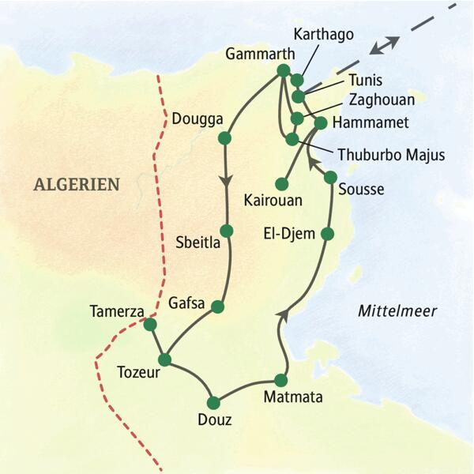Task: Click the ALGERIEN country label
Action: pyautogui.click(x=77, y=185)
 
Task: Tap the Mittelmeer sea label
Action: pyautogui.click(x=397, y=310)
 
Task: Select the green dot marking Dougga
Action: pyautogui.click(x=224, y=138)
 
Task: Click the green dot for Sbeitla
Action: pyautogui.click(x=227, y=231)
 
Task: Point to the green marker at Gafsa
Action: pyautogui.click(x=219, y=306)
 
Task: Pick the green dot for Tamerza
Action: pyautogui.click(x=150, y=324)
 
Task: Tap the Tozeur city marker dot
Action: pyautogui.click(x=164, y=359)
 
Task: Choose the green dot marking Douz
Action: pyautogui.click(x=213, y=400)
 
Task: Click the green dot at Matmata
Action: pyautogui.click(x=280, y=379)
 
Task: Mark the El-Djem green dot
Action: pyautogui.click(x=327, y=233)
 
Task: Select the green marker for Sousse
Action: pyautogui.click(x=330, y=177)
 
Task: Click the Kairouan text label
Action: pyautogui.click(x=273, y=201)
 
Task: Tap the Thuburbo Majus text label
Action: pyautogui.click(x=391, y=155)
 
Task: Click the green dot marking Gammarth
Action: pyautogui.click(x=284, y=70)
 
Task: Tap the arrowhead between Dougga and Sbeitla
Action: pyautogui.click(x=227, y=180)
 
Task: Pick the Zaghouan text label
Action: pyautogui.click(x=381, y=100)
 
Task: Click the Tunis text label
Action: pyautogui.click(x=364, y=80)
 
